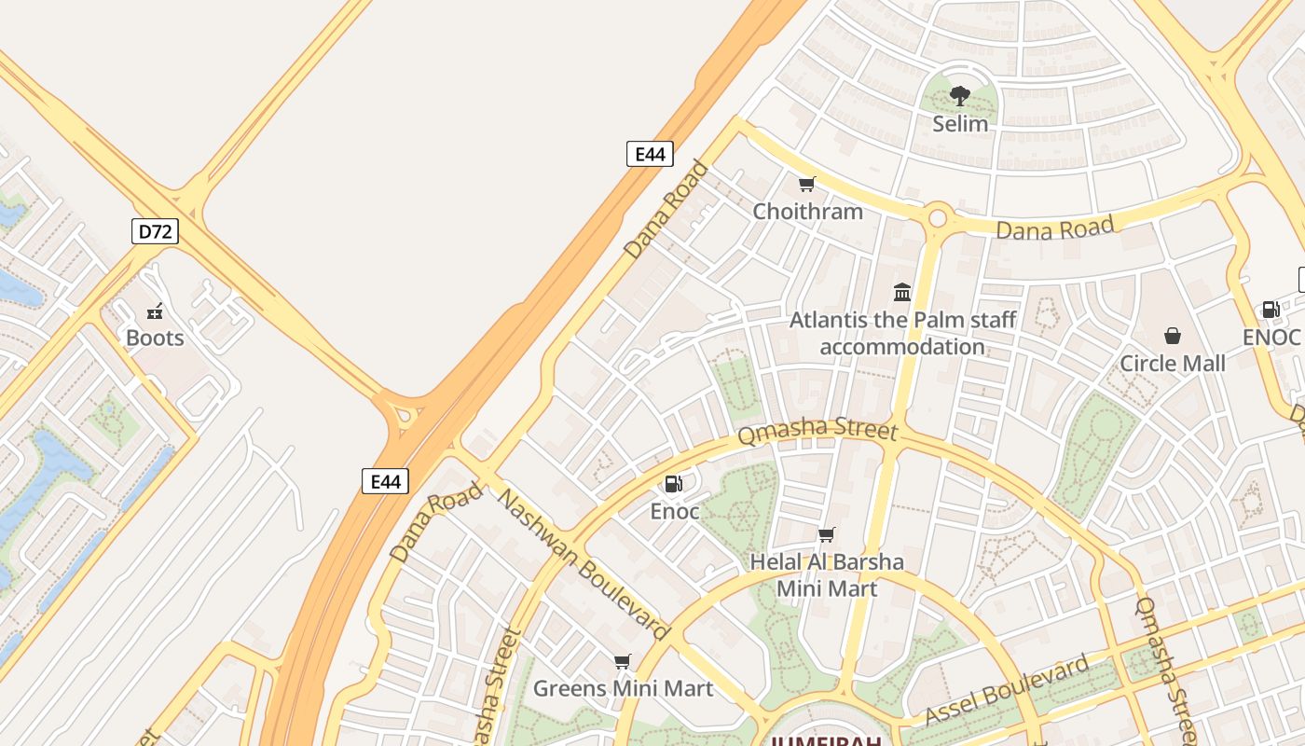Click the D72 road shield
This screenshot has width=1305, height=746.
pyautogui.click(x=155, y=230)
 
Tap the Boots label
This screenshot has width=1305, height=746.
pyautogui.click(x=155, y=338)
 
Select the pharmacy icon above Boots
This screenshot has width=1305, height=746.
pyautogui.click(x=156, y=311)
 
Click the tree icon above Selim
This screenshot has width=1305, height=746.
pyautogui.click(x=960, y=96)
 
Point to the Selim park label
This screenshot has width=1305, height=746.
pyautogui.click(x=960, y=123)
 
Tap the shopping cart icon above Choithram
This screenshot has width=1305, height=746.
pyautogui.click(x=807, y=185)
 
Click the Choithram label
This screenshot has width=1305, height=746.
pyautogui.click(x=808, y=211)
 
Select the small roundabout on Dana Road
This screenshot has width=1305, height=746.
pyautogui.click(x=938, y=218)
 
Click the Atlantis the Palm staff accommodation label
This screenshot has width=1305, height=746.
pyautogui.click(x=902, y=333)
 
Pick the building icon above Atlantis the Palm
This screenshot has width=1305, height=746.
pyautogui.click(x=902, y=293)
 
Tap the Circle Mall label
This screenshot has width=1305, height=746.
pyautogui.click(x=1173, y=363)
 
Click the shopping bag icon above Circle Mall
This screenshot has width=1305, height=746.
pyautogui.click(x=1173, y=336)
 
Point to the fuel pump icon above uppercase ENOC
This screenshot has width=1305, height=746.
pyautogui.click(x=1271, y=310)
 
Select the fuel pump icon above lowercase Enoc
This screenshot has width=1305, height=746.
pyautogui.click(x=673, y=483)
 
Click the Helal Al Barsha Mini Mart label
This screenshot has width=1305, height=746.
pyautogui.click(x=827, y=575)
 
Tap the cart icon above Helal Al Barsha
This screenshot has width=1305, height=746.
pyautogui.click(x=826, y=535)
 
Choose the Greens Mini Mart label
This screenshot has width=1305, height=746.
pyautogui.click(x=623, y=689)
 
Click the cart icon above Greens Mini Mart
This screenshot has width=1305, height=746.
pyautogui.click(x=623, y=662)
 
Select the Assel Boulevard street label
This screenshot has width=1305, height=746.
pyautogui.click(x=1007, y=690)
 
